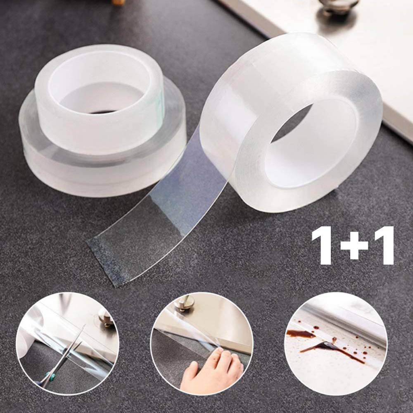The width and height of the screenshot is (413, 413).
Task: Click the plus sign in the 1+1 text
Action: click(354, 245)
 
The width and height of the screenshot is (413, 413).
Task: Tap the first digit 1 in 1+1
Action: click(323, 245)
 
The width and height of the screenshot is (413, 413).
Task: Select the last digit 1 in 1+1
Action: click(385, 245)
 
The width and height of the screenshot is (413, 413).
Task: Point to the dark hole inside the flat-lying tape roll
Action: click(103, 112)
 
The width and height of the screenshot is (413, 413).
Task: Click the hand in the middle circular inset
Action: click(211, 371)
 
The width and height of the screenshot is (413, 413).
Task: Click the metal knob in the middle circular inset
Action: click(184, 306)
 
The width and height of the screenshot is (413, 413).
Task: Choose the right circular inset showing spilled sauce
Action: click(335, 344)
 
